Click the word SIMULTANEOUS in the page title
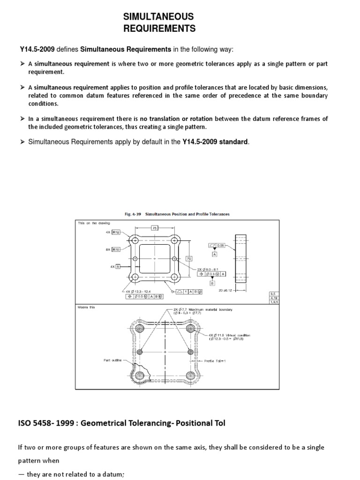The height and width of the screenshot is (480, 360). [158, 17]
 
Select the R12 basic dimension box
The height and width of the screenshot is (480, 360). [116, 232]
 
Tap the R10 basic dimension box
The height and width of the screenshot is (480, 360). [116, 249]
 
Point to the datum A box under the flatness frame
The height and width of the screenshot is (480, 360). [214, 254]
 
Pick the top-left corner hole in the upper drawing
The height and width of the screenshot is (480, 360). [135, 240]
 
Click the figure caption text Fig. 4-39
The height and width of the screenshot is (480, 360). [133, 214]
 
